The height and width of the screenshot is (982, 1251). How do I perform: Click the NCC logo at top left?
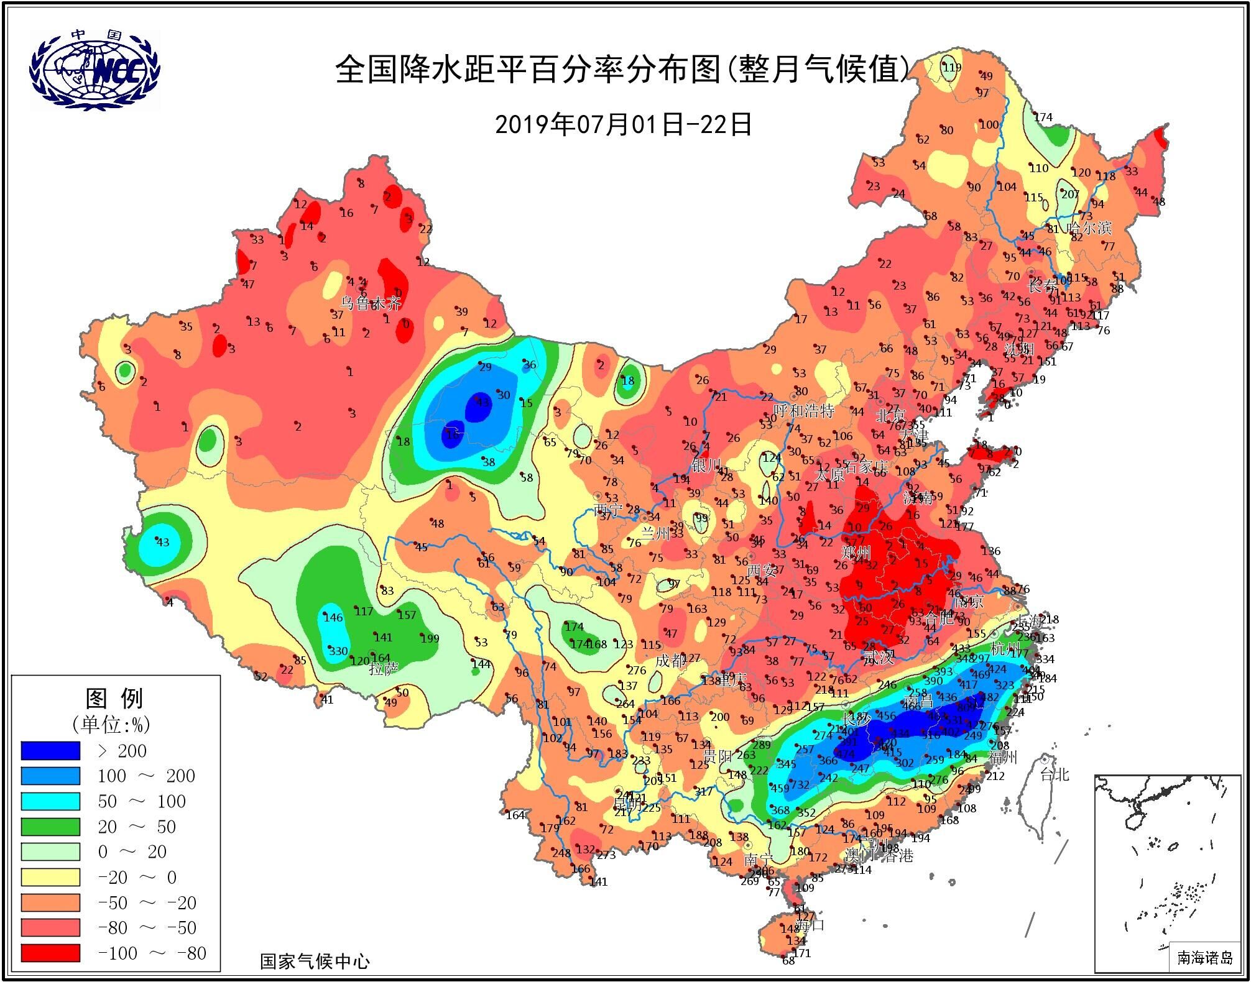click(x=95, y=70)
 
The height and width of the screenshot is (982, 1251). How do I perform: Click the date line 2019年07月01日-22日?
click(x=624, y=124)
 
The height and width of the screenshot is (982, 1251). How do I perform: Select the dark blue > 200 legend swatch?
click(x=50, y=751)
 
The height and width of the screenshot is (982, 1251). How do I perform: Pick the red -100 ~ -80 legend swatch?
click(x=50, y=953)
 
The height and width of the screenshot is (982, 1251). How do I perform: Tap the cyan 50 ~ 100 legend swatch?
click(x=50, y=801)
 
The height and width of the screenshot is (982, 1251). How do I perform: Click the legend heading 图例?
click(x=115, y=699)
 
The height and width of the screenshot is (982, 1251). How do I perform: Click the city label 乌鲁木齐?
click(x=371, y=303)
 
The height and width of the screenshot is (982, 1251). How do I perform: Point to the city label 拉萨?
click(x=384, y=669)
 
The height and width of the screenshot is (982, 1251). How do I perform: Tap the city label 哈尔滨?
click(x=1089, y=228)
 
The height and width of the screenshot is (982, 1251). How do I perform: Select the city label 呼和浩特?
click(x=803, y=411)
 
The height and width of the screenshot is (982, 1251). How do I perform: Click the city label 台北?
click(x=1055, y=774)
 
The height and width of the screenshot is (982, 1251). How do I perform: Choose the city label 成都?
click(x=670, y=661)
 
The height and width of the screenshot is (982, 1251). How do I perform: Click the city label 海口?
click(x=811, y=925)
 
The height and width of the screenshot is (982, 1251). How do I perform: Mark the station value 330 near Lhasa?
click(x=338, y=651)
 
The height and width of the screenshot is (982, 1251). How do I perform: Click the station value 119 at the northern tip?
click(x=952, y=68)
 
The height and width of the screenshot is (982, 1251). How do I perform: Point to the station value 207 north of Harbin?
click(x=1070, y=194)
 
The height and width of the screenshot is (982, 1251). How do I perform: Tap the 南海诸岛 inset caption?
click(x=1204, y=958)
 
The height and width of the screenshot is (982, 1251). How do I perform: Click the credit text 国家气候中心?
click(x=315, y=961)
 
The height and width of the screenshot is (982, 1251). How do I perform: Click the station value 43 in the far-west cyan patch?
click(x=163, y=542)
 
